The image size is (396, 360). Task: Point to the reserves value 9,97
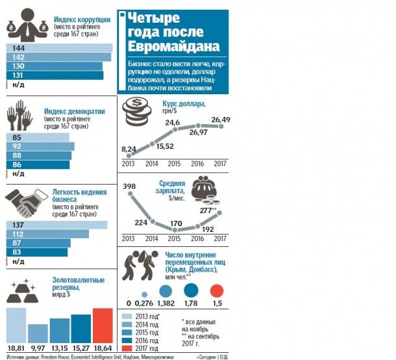click(x=38, y=350)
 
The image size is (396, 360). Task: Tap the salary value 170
click(x=177, y=223)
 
